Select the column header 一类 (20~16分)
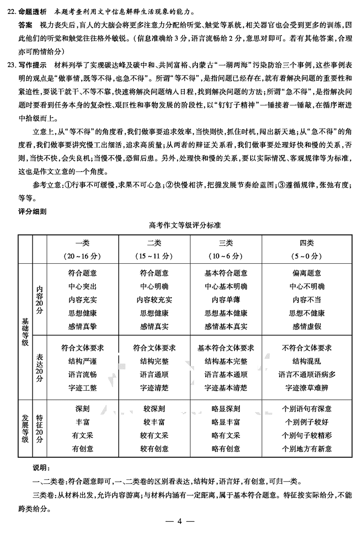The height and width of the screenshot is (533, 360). tap(82, 249)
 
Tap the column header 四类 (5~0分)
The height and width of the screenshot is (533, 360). tap(306, 249)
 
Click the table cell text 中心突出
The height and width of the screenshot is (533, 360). tap(82, 286)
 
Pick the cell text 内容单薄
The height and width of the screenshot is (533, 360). tap(225, 300)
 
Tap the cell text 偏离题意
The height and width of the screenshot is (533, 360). tap(306, 273)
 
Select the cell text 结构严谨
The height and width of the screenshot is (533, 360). tap(82, 361)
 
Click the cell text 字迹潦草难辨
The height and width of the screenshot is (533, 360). tap(306, 388)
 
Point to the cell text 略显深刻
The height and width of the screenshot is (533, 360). tap(225, 409)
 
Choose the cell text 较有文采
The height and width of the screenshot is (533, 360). tap(154, 435)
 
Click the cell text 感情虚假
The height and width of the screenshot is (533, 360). tap(306, 326)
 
